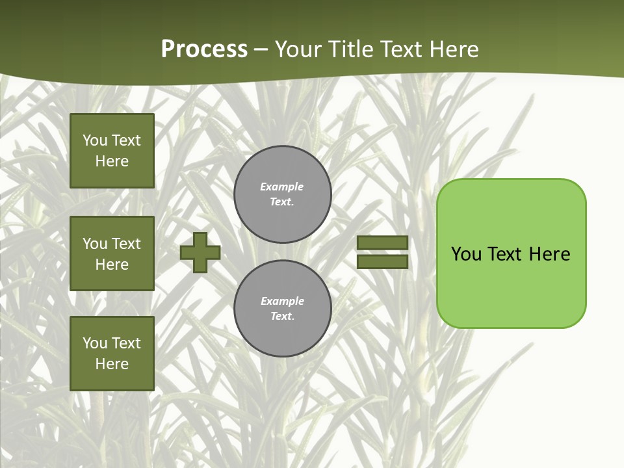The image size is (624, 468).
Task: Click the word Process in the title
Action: click(x=204, y=49)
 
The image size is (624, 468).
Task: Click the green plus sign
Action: click(x=200, y=252)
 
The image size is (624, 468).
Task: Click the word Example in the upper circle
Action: click(x=281, y=187)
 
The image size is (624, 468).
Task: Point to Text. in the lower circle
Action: click(x=282, y=317)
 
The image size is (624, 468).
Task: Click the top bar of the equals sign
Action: click(x=383, y=242)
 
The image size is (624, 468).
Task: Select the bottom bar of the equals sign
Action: click(x=383, y=261)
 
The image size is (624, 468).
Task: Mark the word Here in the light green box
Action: click(x=549, y=254)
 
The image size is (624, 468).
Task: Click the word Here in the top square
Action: click(x=112, y=161)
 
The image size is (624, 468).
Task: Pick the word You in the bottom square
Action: click(x=95, y=343)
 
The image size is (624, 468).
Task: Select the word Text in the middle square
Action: click(x=126, y=244)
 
